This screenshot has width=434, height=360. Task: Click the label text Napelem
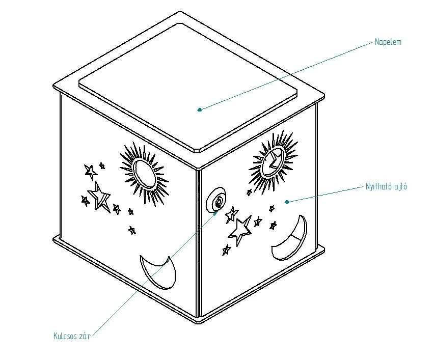point(388,42)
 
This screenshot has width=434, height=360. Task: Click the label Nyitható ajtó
point(386,186)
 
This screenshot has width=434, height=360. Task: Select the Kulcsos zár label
point(72,336)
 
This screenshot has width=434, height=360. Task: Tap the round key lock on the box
point(216,200)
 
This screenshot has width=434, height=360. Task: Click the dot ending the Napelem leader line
point(199,110)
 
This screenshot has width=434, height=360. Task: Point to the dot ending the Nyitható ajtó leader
point(287,202)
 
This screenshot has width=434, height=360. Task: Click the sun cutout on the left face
point(144,174)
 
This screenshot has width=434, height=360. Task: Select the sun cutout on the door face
point(273,162)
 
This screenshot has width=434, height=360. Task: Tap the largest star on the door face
point(240,231)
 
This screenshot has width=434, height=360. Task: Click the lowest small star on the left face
point(132,230)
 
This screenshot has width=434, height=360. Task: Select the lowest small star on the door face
point(226,250)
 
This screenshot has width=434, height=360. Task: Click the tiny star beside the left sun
point(102,166)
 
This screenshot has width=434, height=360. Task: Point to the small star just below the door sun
point(250,192)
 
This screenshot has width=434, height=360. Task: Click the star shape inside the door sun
point(274,160)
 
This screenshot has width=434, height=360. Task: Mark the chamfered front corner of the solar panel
point(197,151)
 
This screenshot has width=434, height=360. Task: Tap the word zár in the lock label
point(85,336)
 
